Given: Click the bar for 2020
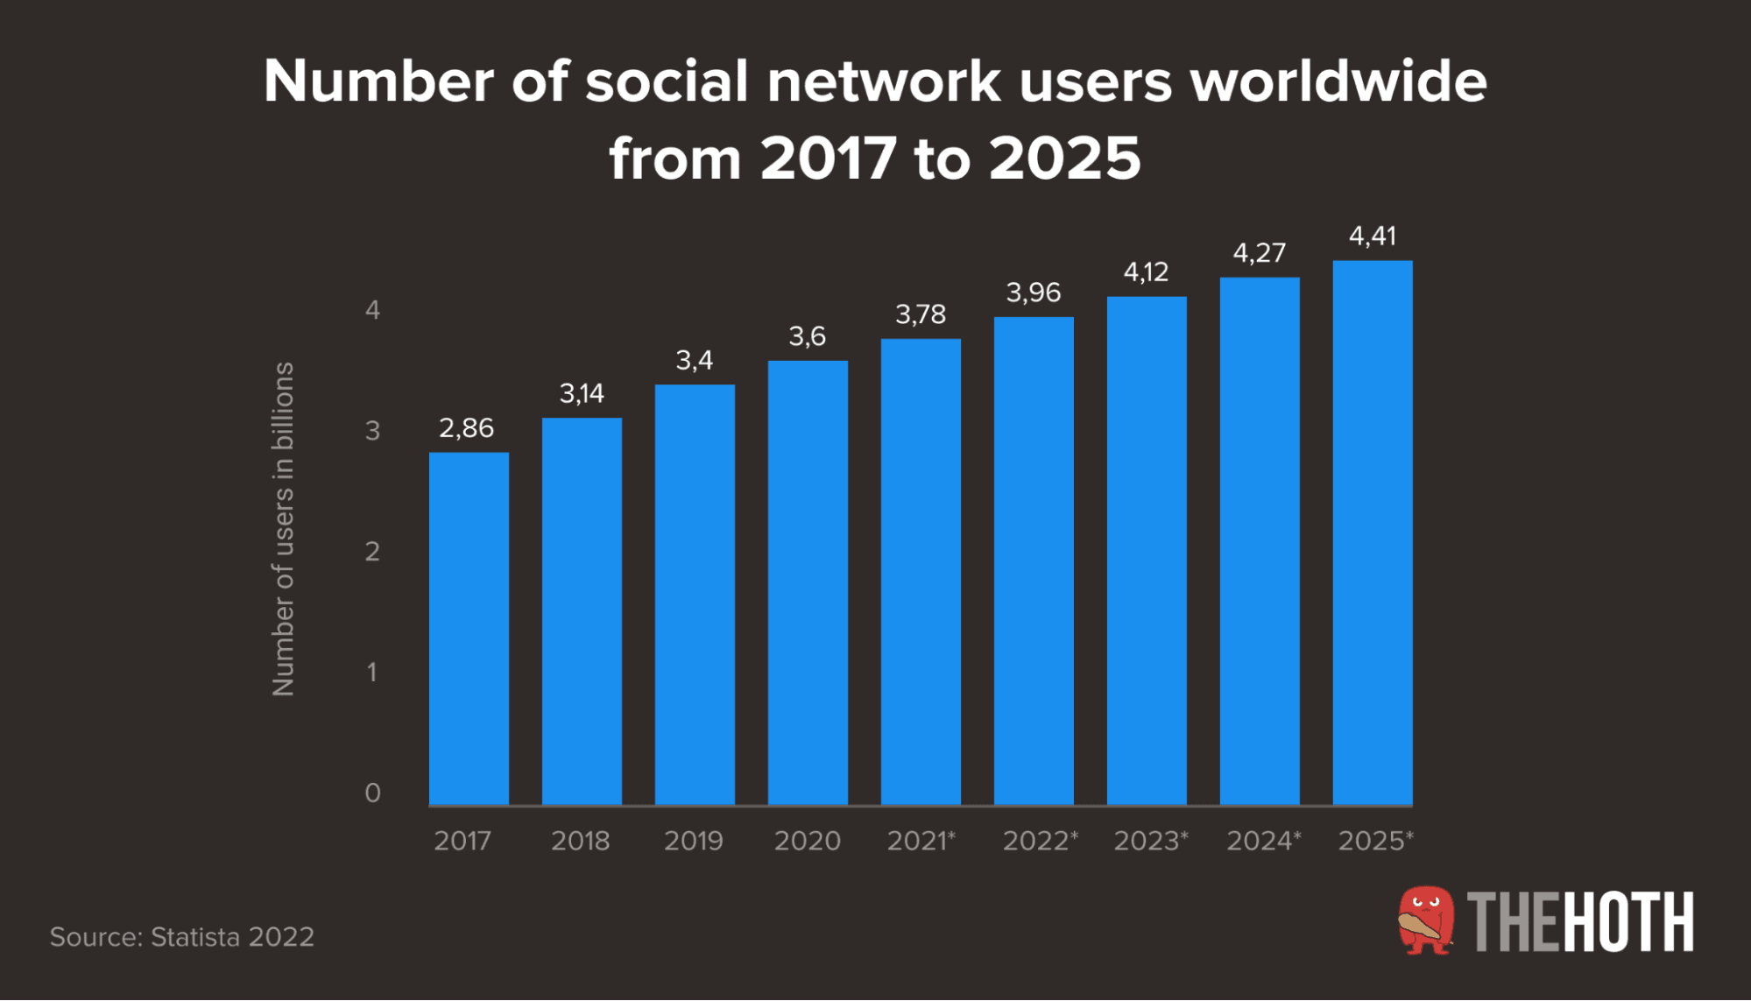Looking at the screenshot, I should click(x=808, y=582).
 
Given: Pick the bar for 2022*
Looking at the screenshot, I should click(x=1034, y=560).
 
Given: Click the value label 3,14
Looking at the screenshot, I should click(x=582, y=393).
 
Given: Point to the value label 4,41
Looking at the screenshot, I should click(x=1373, y=236).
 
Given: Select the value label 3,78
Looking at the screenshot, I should click(x=921, y=314).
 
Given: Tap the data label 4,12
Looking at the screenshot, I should click(x=1146, y=272).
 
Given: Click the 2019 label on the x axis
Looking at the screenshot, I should click(x=694, y=841).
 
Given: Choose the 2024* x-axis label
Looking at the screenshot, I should click(x=1263, y=841).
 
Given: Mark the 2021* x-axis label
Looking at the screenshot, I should click(x=921, y=841).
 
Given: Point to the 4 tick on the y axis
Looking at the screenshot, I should click(x=372, y=310).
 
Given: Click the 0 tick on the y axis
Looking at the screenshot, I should click(x=372, y=793).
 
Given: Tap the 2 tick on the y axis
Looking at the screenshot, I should click(x=372, y=552).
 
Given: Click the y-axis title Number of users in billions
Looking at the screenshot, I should click(x=283, y=529).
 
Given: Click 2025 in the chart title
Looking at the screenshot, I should click(x=1064, y=159).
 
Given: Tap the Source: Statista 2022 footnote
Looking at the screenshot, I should click(x=182, y=937).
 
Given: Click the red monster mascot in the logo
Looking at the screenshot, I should click(x=1426, y=920).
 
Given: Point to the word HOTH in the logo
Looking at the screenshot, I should click(x=1627, y=922).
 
